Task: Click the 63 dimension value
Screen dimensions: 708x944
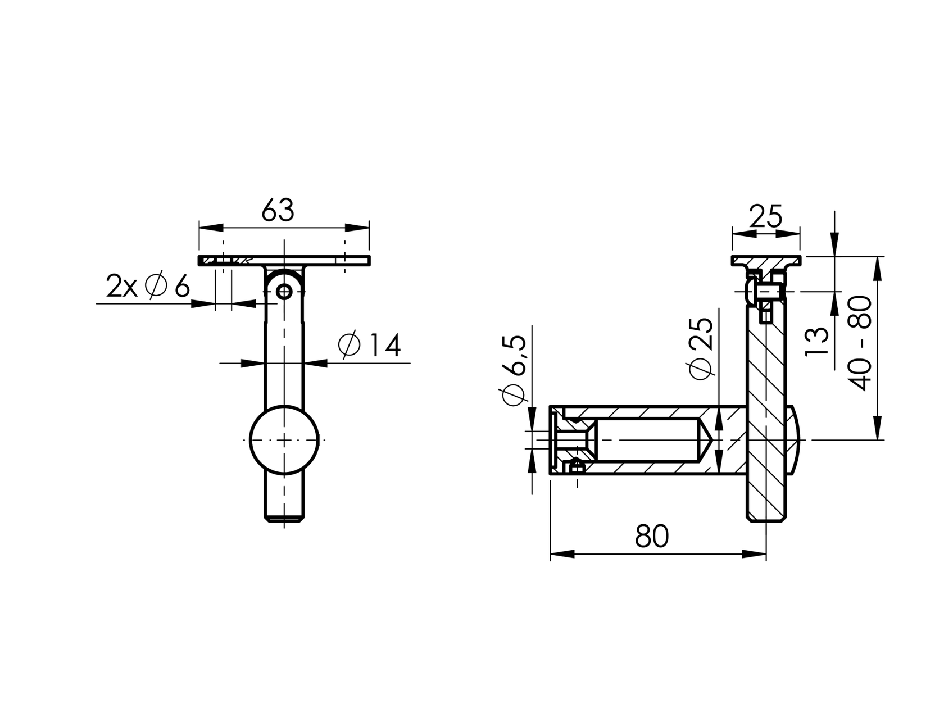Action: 278,211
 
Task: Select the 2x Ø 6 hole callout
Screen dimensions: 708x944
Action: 148,287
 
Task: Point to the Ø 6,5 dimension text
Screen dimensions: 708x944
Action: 514,371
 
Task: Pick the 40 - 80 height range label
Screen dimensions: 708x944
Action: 861,343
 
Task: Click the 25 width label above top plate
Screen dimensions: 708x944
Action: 766,217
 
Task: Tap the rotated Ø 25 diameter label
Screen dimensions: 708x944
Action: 701,349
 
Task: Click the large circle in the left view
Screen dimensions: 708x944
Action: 284,439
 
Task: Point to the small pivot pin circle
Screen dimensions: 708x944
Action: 285,292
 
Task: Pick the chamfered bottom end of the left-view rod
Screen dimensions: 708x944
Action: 284,518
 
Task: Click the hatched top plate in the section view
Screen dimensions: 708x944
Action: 766,261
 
